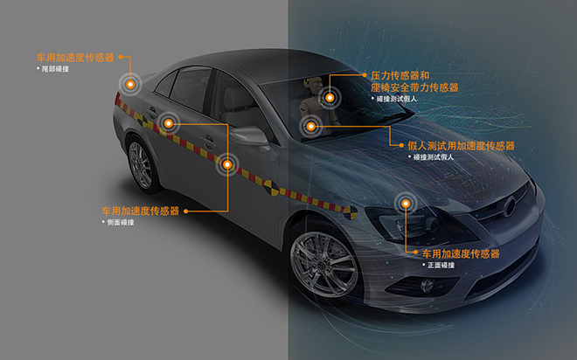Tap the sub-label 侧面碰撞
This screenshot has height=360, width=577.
click(118, 223)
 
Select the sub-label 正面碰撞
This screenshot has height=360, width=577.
click(441, 265)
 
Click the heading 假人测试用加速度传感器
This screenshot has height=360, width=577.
click(461, 145)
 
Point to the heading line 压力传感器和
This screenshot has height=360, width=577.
click(401, 76)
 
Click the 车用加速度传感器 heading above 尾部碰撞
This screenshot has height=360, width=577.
click(74, 57)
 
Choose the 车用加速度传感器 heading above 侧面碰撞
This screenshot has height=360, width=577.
click(140, 211)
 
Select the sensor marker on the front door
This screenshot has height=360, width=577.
click(228, 163)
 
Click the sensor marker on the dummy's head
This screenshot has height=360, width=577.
click(332, 98)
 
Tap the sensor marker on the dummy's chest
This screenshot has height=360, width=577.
click(310, 128)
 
